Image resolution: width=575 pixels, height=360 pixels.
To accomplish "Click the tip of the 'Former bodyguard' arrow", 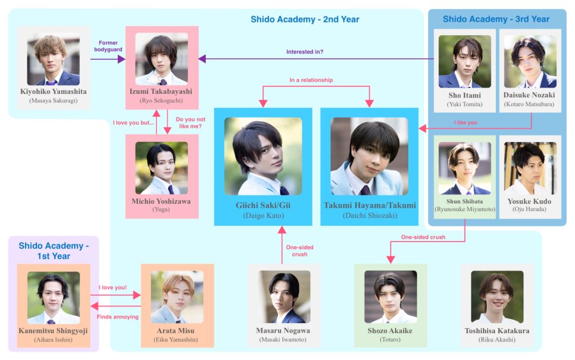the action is pyautogui.click(x=125, y=59).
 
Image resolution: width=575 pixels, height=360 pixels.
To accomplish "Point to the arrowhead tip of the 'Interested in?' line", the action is pyautogui.click(x=199, y=59).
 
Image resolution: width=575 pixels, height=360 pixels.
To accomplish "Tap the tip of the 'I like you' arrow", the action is pyautogui.click(x=418, y=129).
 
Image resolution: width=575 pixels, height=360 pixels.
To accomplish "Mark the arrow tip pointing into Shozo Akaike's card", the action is pyautogui.click(x=390, y=263).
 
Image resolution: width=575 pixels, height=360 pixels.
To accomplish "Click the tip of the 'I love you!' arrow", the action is pyautogui.click(x=141, y=295).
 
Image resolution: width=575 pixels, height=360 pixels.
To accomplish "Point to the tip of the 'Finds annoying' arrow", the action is pyautogui.click(x=90, y=306).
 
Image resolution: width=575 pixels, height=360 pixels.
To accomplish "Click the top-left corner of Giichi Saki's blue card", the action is pyautogui.click(x=214, y=108).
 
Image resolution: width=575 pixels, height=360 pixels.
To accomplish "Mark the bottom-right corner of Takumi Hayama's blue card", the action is pyautogui.click(x=418, y=225).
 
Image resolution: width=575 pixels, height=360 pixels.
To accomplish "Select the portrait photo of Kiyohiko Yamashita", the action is pyautogui.click(x=54, y=59).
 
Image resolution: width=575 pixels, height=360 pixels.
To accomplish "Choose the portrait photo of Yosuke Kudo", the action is pyautogui.click(x=530, y=168).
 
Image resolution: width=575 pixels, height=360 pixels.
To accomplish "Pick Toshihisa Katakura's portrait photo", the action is pyautogui.click(x=497, y=297).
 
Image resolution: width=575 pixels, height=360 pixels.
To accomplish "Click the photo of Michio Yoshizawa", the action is pyautogui.click(x=162, y=168).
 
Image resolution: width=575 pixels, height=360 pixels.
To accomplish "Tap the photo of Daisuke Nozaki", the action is pyautogui.click(x=530, y=61).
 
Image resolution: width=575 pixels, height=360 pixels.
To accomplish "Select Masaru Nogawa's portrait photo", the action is pyautogui.click(x=284, y=297).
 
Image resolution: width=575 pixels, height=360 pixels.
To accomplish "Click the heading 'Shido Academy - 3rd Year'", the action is pyautogui.click(x=496, y=19).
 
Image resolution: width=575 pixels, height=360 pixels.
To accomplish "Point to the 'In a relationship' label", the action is pyautogui.click(x=311, y=80).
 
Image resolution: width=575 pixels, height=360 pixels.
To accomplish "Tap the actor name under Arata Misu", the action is pyautogui.click(x=176, y=340).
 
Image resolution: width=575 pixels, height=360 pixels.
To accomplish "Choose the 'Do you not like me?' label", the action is pyautogui.click(x=190, y=123).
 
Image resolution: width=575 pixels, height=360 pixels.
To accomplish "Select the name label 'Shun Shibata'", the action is pyautogui.click(x=464, y=201).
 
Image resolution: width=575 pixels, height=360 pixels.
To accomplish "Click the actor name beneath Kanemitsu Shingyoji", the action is pyautogui.click(x=54, y=340).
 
